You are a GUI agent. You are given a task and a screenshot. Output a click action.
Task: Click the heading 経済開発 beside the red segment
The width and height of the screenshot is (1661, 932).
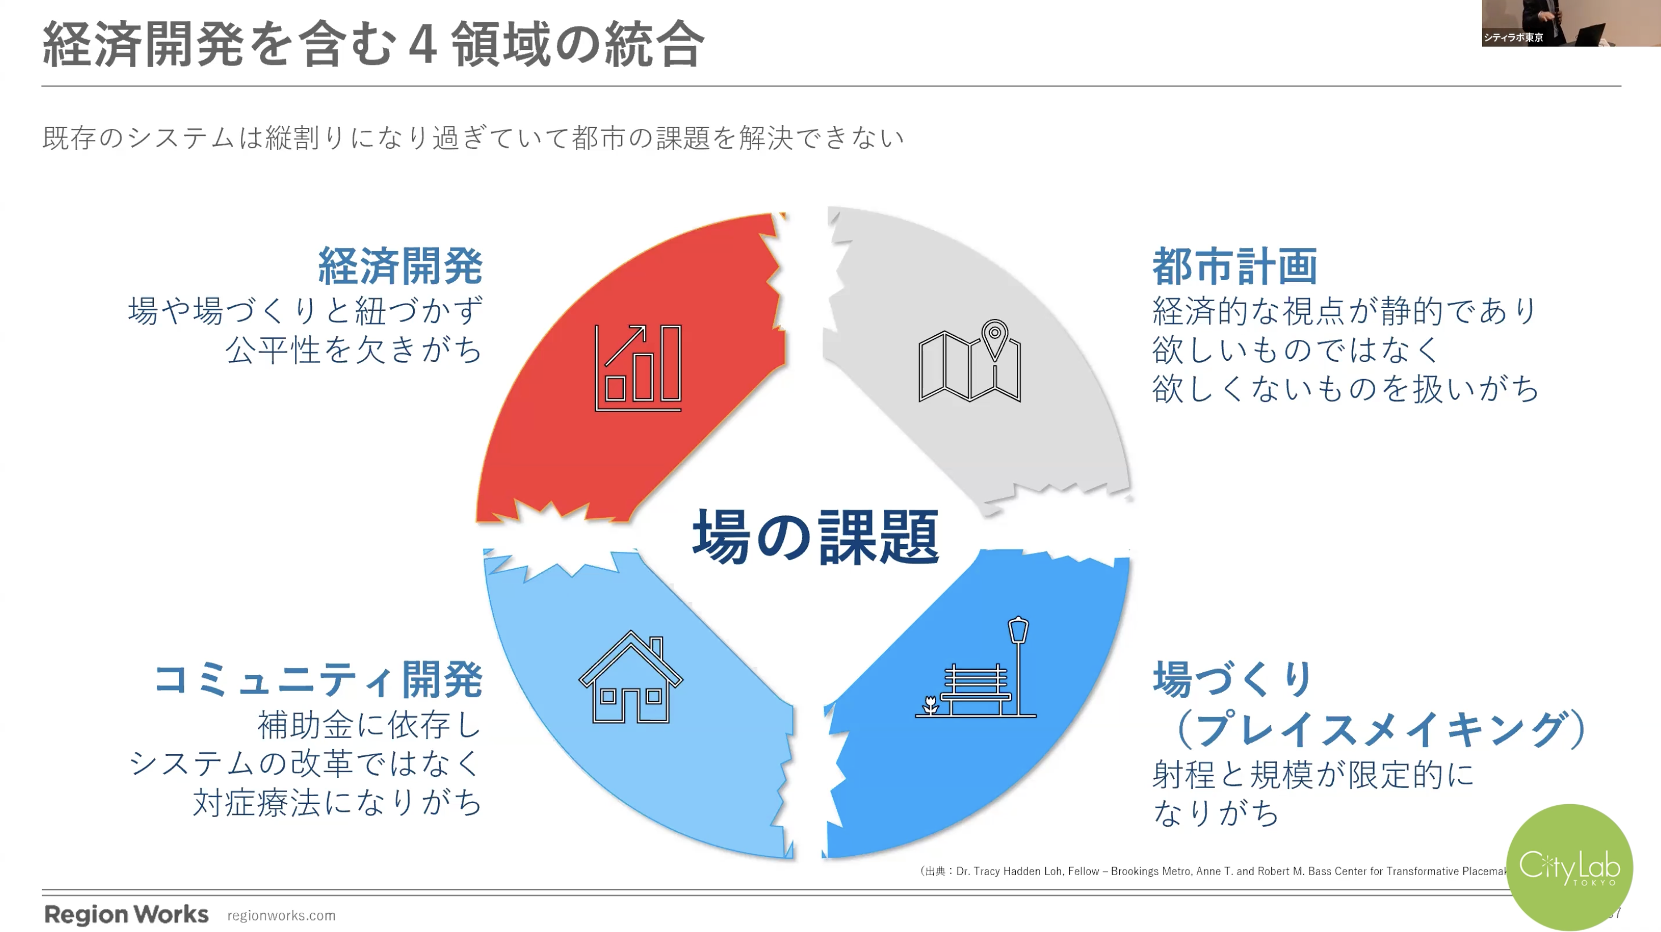(x=400, y=266)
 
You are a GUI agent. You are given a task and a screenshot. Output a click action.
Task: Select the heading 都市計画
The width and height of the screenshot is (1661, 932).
(x=1235, y=266)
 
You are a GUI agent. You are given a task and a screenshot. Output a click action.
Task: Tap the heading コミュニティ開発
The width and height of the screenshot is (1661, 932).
(x=318, y=679)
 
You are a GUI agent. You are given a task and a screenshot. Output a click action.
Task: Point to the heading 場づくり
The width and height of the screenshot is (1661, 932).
(x=1233, y=679)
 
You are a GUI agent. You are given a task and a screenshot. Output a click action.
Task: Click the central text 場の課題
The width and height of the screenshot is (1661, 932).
(x=816, y=536)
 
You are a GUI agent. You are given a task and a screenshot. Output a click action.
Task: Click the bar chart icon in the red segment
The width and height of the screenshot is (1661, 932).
(x=638, y=368)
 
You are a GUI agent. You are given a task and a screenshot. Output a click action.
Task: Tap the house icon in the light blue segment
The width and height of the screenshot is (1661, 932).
(x=631, y=677)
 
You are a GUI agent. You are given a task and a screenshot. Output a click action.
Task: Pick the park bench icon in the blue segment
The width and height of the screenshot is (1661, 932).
(x=975, y=667)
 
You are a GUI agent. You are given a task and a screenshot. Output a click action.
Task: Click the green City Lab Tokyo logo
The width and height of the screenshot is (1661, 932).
(x=1570, y=867)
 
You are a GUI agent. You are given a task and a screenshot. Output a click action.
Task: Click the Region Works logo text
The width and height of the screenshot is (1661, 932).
(x=126, y=914)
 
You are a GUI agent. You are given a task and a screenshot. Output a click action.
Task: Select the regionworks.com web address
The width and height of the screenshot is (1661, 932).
(x=281, y=915)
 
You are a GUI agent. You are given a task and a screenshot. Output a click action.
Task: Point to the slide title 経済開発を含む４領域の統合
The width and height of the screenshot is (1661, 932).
(x=373, y=44)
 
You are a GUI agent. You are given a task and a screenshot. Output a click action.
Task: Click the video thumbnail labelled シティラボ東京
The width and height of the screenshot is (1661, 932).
(x=1571, y=23)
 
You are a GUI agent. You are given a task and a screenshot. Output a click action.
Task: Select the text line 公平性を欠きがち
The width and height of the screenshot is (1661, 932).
(x=354, y=349)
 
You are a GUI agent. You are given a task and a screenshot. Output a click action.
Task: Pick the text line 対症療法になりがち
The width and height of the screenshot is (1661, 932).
(x=338, y=802)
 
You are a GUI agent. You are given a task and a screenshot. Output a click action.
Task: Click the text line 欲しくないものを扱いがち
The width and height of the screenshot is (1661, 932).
(x=1346, y=388)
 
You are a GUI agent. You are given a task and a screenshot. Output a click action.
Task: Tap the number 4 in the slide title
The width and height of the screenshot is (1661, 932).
(x=422, y=44)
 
